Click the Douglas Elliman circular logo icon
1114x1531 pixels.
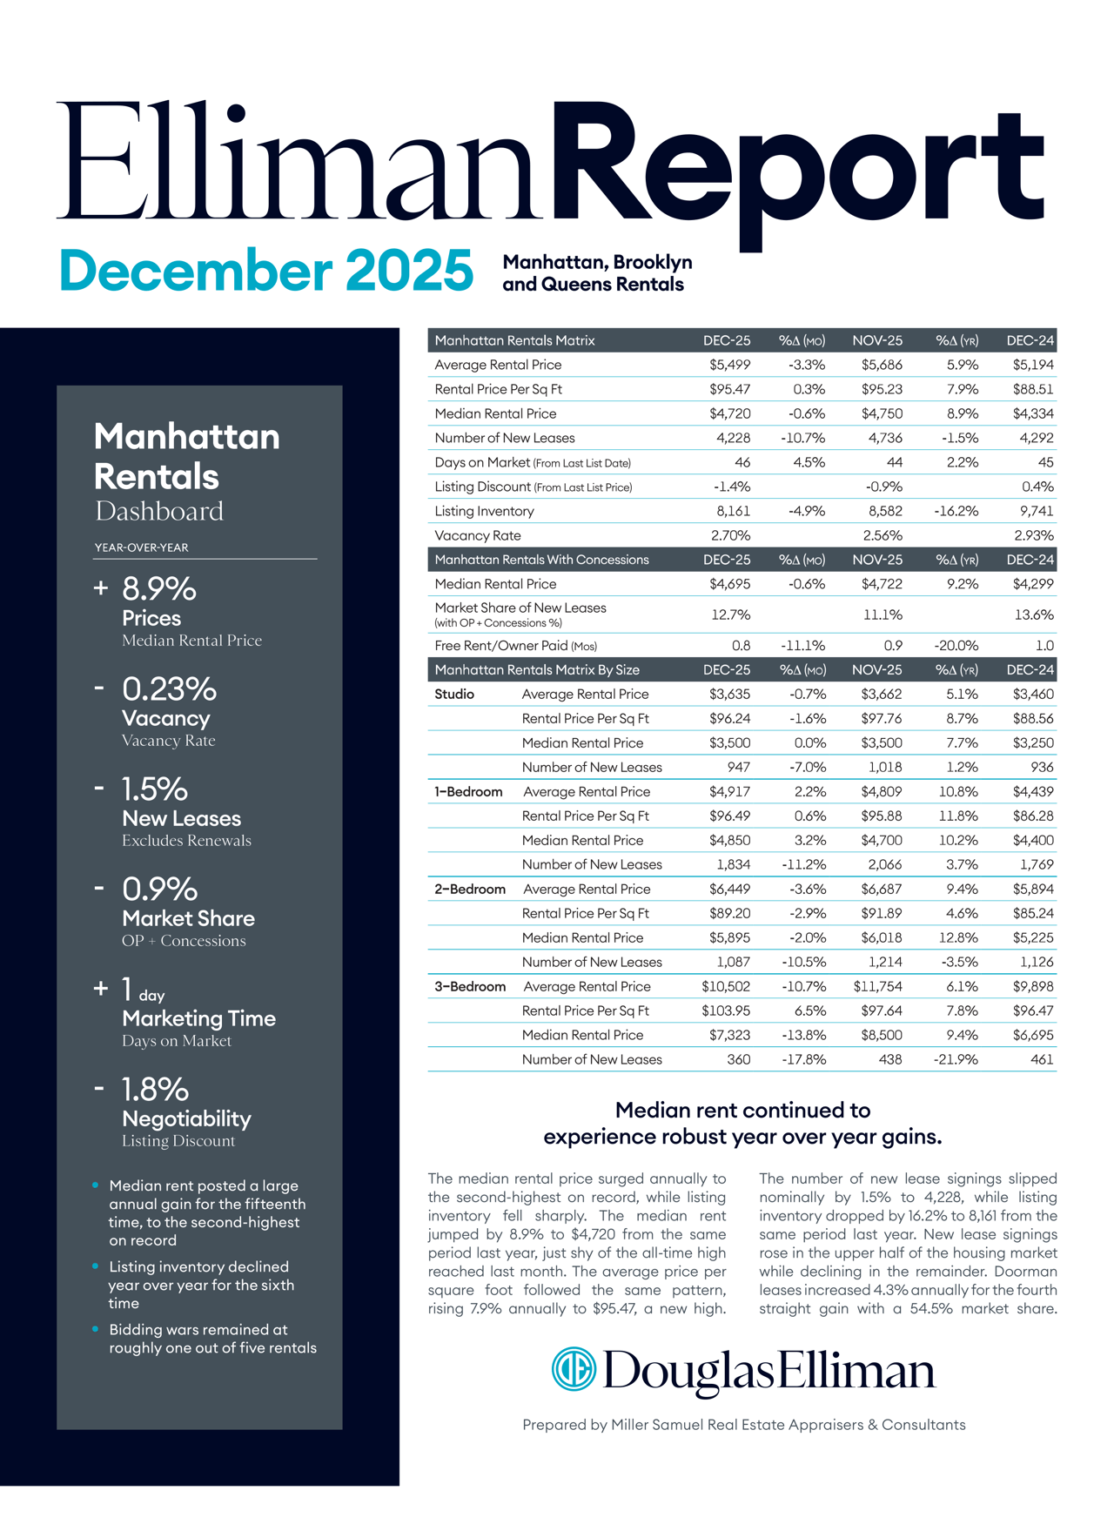pos(574,1369)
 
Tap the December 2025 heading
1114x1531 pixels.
pos(266,271)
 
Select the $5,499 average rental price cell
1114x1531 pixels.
pos(729,365)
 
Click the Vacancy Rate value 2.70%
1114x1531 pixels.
pos(730,535)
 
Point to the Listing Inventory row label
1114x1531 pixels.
pos(484,511)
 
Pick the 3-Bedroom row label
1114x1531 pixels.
pos(470,986)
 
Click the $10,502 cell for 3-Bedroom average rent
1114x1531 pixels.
pos(726,986)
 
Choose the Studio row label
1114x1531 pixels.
pos(454,694)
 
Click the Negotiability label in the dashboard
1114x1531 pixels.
pos(186,1118)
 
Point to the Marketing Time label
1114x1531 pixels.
pos(198,1018)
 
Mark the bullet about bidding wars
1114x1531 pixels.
pos(212,1339)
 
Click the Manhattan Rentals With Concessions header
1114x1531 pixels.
pos(541,560)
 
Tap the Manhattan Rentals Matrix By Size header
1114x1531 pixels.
pos(537,669)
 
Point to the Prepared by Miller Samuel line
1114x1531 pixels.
pos(743,1425)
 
